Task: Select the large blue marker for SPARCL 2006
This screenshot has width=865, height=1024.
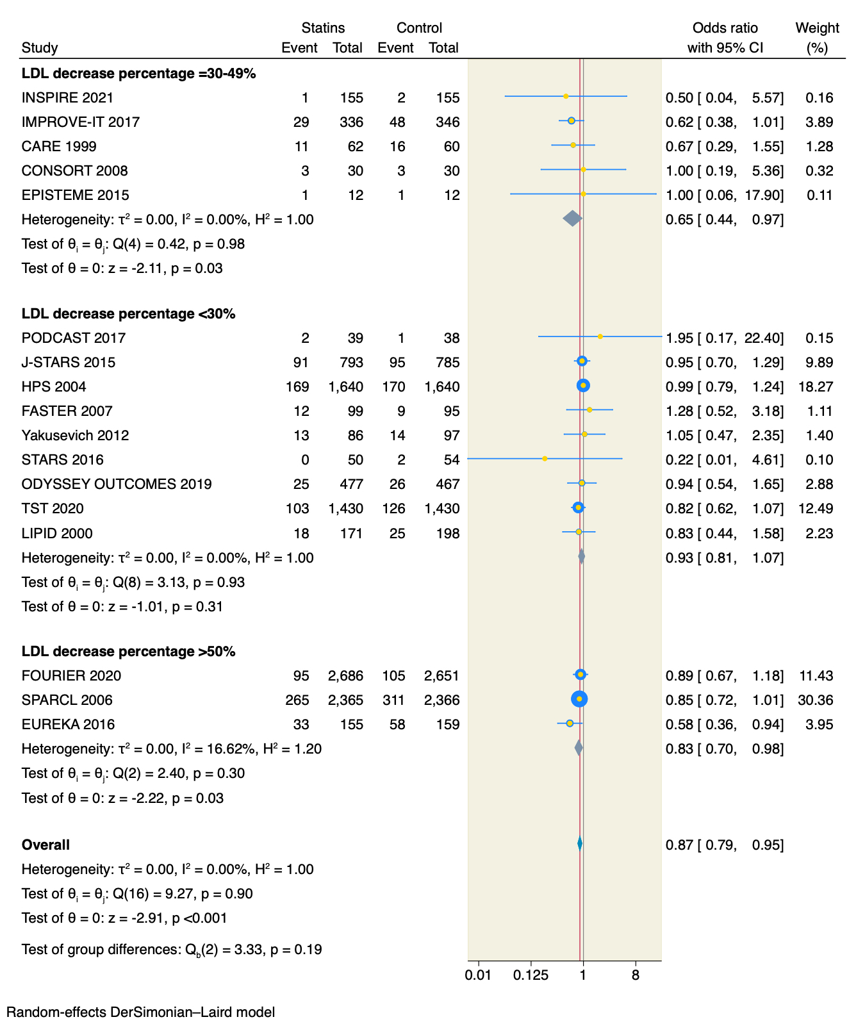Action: (x=579, y=699)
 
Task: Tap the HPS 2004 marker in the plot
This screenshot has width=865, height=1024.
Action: (x=583, y=385)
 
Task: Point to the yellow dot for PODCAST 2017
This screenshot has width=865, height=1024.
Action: (x=600, y=336)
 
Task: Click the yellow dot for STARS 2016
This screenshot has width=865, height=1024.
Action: (x=545, y=459)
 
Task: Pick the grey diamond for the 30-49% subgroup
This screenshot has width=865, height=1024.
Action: (x=572, y=219)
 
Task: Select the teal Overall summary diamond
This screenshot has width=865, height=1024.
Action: (x=580, y=844)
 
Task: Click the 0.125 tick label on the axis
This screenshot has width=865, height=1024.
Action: (x=531, y=975)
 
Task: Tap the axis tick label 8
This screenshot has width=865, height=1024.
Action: (x=635, y=975)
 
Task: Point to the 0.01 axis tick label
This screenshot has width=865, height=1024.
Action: (x=478, y=975)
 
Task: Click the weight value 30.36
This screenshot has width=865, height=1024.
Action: (x=816, y=700)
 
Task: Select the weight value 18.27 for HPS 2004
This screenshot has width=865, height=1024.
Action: (x=816, y=386)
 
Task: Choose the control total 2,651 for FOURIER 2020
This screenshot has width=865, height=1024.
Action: (x=441, y=675)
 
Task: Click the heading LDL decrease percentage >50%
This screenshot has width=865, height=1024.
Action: (x=129, y=651)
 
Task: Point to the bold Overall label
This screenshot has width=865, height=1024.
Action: (x=45, y=845)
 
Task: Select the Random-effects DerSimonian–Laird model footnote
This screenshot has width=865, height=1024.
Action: (x=141, y=1012)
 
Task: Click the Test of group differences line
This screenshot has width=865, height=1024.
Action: (x=172, y=949)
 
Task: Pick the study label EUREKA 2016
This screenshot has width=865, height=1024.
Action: (x=68, y=724)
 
